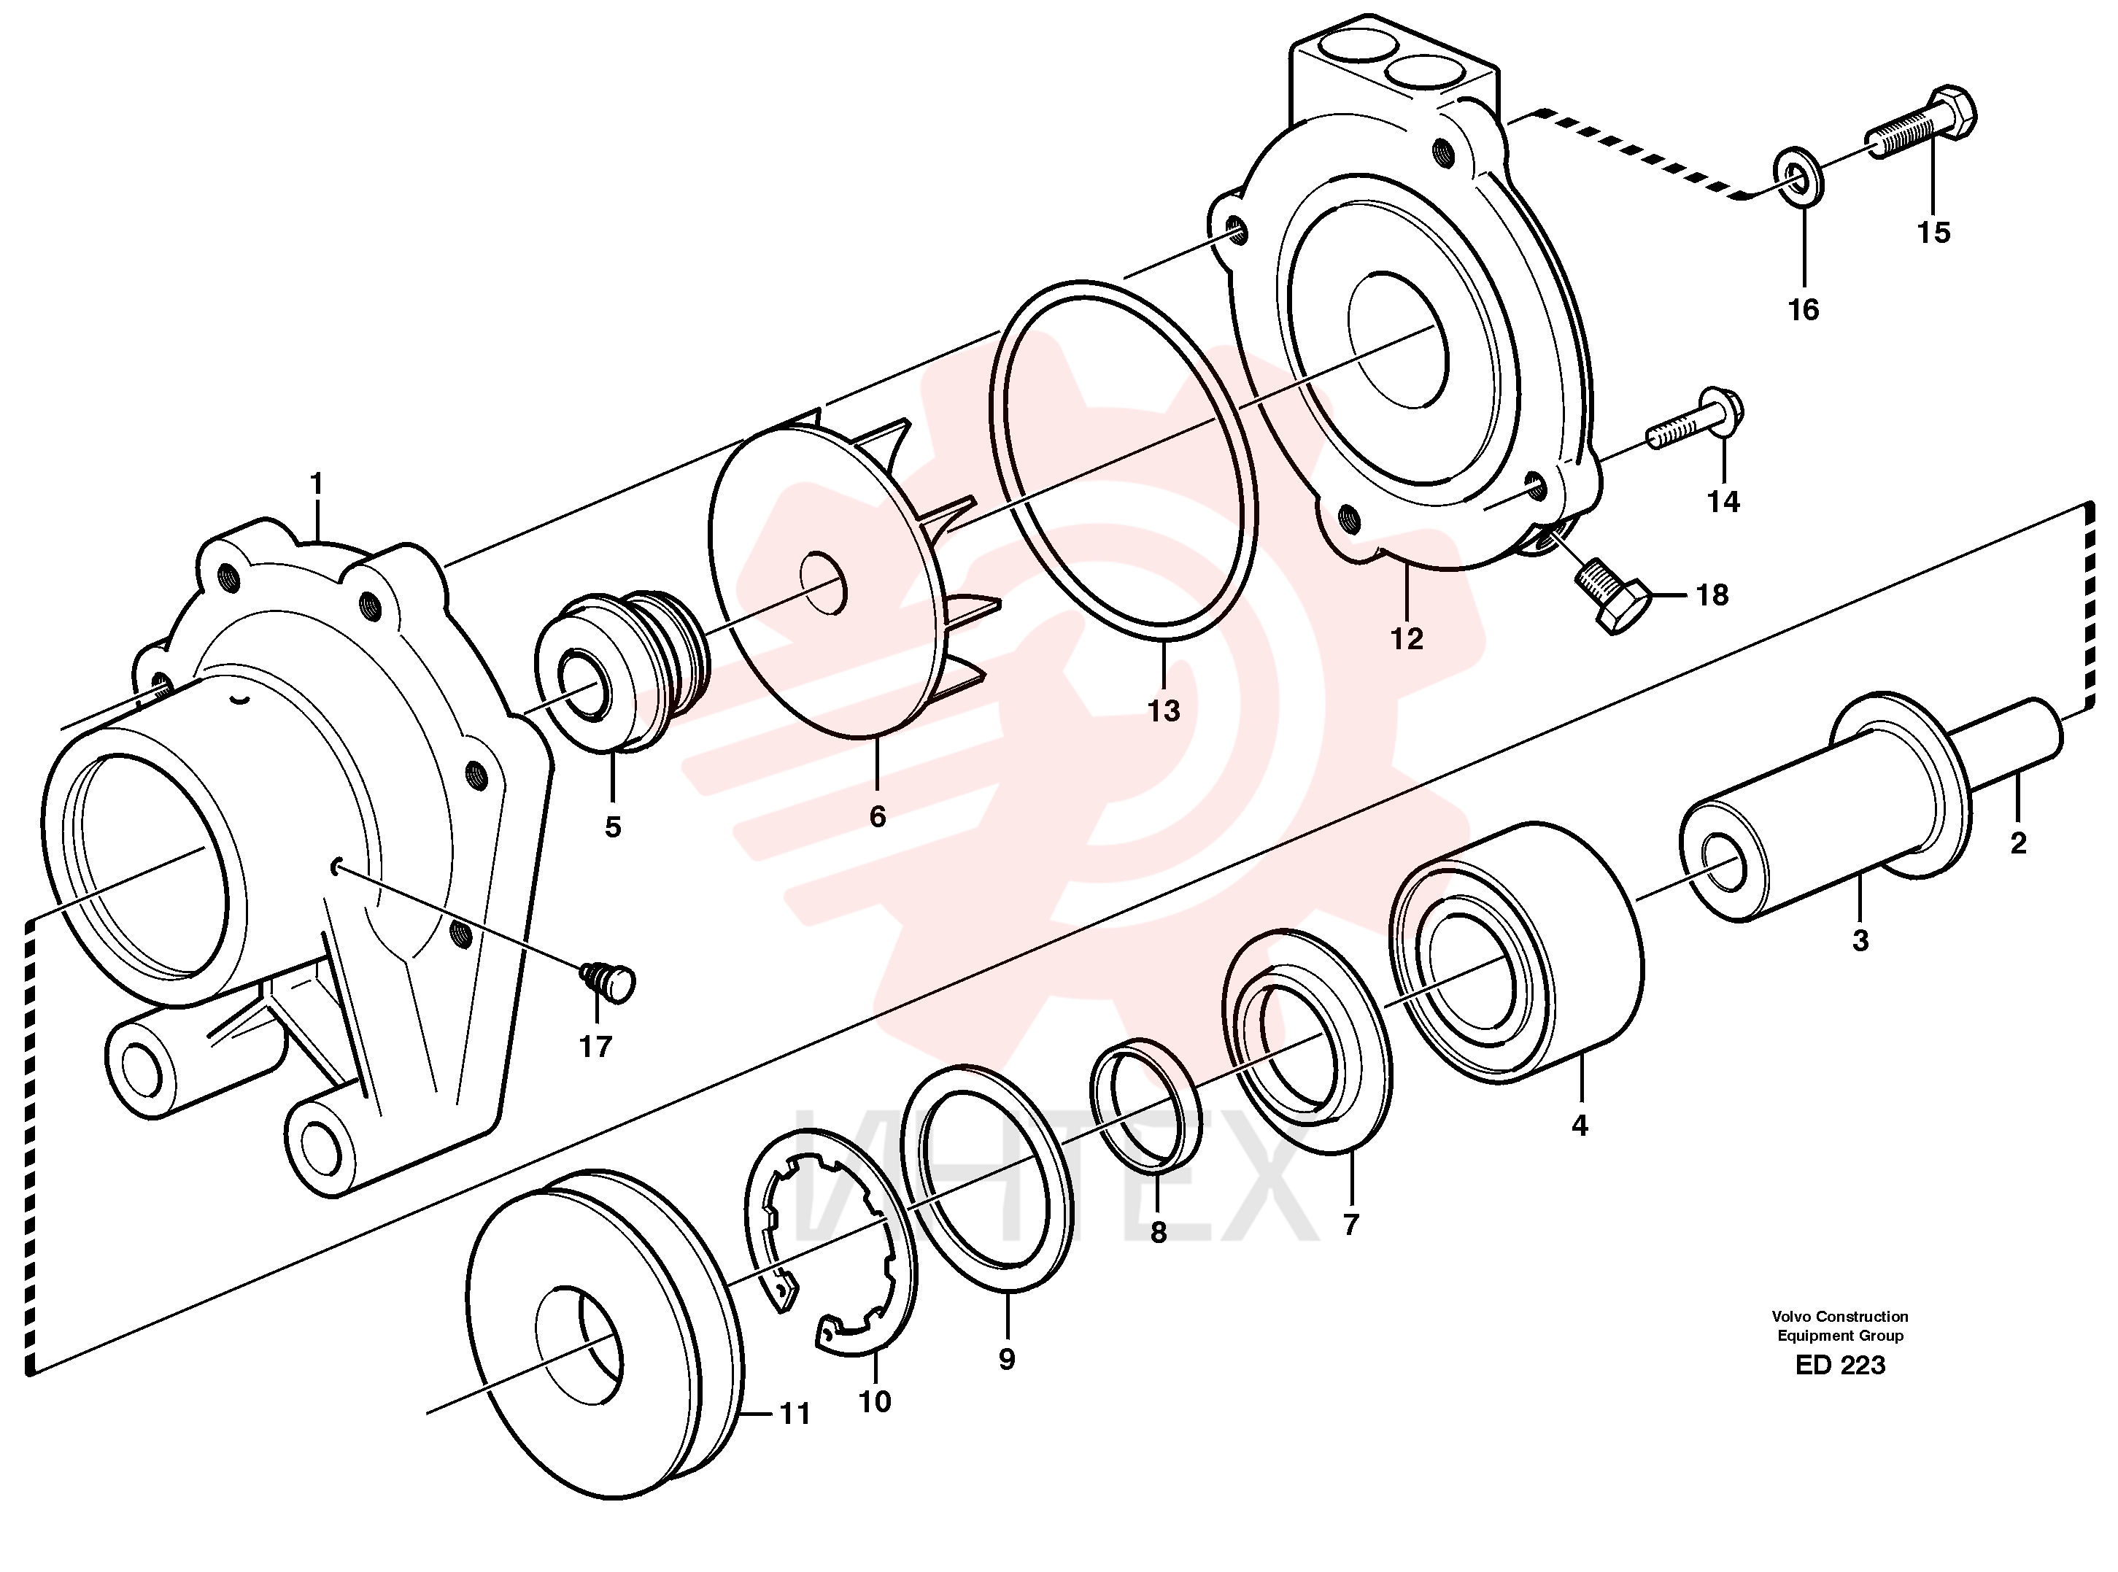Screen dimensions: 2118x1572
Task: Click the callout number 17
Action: [x=595, y=1047]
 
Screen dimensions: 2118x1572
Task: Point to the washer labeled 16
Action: [x=1798, y=175]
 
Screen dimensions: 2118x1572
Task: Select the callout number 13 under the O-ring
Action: [x=1163, y=710]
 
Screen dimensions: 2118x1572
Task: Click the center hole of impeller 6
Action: [x=824, y=581]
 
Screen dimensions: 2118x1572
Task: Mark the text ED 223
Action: [x=1840, y=1365]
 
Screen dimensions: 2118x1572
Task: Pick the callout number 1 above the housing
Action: [x=317, y=484]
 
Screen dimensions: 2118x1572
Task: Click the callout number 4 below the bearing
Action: [x=1580, y=1125]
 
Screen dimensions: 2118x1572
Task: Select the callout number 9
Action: [x=1007, y=1359]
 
